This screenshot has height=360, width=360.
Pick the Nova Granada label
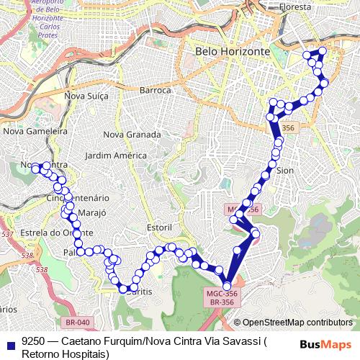(132, 135)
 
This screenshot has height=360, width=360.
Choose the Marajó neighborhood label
(91, 213)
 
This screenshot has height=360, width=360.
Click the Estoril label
(159, 228)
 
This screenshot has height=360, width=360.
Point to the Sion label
(286, 171)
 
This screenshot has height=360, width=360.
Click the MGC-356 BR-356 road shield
(222, 298)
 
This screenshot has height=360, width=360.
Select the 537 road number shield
(7, 235)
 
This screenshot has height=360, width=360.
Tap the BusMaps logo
(325, 343)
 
